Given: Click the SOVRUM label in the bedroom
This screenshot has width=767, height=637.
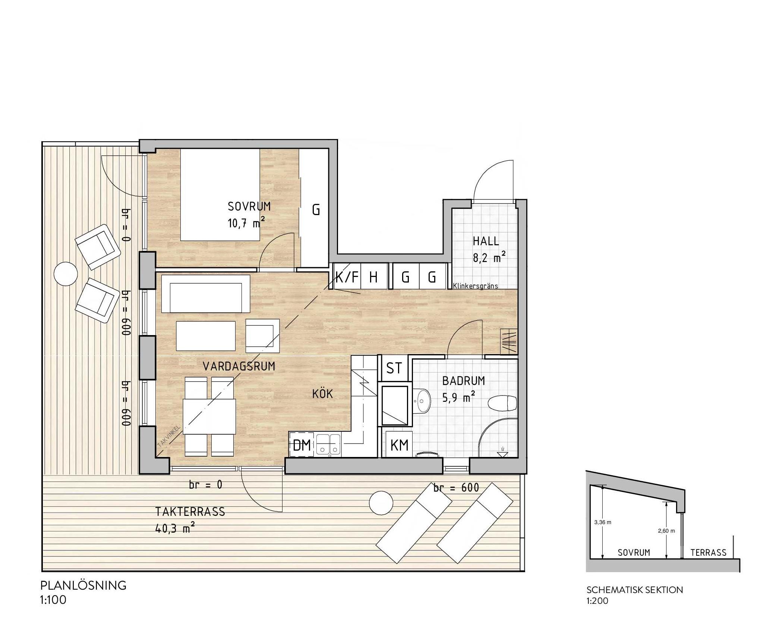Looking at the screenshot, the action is [x=249, y=206].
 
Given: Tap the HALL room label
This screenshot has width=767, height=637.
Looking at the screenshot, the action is [x=486, y=241].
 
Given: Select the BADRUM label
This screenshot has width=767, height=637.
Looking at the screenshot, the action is [x=464, y=381].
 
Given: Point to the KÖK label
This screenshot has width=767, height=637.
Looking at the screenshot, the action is [x=322, y=394].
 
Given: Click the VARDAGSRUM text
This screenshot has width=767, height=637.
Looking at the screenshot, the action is [x=239, y=366].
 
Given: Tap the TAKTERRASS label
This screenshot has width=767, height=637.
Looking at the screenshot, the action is [x=190, y=512].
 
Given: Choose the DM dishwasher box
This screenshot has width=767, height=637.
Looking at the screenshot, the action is [x=302, y=445].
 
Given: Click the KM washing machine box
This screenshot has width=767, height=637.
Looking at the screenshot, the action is [x=399, y=444].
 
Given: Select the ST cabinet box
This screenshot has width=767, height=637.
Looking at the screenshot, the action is [x=394, y=368].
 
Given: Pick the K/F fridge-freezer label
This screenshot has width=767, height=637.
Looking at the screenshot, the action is [x=347, y=277].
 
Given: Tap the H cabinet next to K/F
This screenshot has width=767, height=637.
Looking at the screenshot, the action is [x=373, y=277].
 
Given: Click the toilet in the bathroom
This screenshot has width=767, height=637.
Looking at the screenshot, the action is [x=502, y=403].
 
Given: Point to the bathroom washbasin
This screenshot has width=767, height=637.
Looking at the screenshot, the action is [x=423, y=401].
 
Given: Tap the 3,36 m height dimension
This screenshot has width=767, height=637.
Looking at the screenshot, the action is [x=603, y=522].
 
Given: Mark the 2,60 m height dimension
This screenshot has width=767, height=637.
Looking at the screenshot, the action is [x=666, y=531].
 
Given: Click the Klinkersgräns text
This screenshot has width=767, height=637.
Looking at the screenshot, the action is [x=476, y=286].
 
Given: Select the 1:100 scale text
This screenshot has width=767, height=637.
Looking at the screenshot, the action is [x=53, y=600].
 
